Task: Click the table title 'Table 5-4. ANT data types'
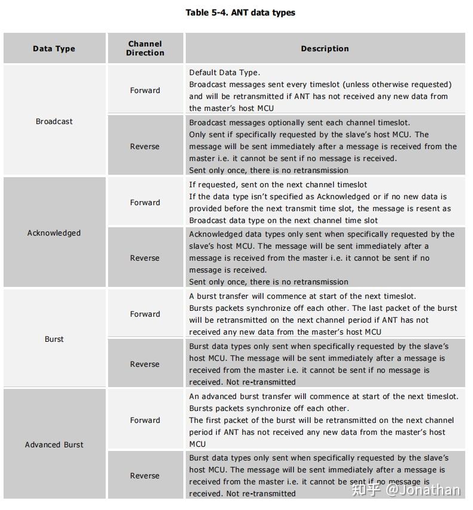pos(240,13)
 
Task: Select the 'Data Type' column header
pos(54,49)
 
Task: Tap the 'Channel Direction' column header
pos(145,48)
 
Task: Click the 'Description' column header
pos(325,49)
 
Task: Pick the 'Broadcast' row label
pos(54,121)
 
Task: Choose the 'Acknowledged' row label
pos(54,233)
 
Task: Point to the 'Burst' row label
pos(54,339)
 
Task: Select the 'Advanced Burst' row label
pos(54,444)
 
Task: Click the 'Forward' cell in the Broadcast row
pos(145,91)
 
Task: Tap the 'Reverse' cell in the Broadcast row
pos(145,147)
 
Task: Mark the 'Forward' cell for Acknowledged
pos(145,203)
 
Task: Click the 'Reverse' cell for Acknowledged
pos(145,258)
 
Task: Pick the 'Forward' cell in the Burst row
pos(145,314)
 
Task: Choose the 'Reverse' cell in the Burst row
pos(145,364)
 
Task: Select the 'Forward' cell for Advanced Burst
pos(145,421)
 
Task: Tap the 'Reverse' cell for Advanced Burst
pos(145,476)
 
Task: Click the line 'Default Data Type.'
pos(225,73)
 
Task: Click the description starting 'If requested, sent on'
pos(278,185)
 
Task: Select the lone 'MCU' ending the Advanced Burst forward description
pos(198,444)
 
